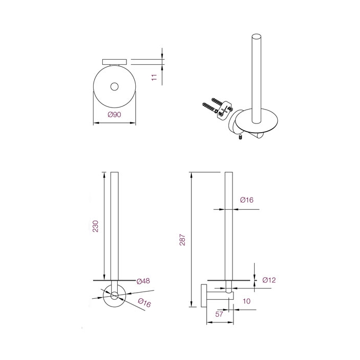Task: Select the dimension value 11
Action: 153,77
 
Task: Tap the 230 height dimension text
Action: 96,226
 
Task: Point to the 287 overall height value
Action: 182,240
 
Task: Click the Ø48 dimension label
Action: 143,281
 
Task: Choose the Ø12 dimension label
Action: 269,280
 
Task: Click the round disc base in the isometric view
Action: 256,122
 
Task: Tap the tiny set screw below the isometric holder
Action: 240,138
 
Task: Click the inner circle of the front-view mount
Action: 114,296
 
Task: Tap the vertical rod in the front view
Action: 114,226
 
